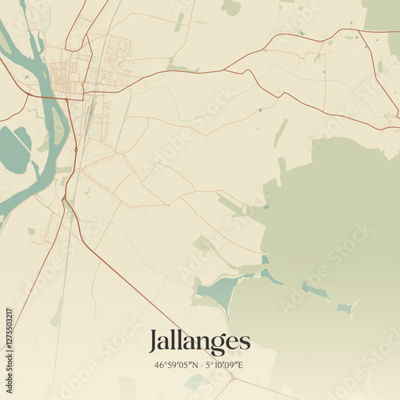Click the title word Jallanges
pos(199,342)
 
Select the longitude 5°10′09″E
pos(225,366)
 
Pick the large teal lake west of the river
pos(14,150)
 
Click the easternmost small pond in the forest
pos(346,307)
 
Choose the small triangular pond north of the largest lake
pos(265,259)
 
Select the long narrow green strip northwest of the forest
pos(280,134)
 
